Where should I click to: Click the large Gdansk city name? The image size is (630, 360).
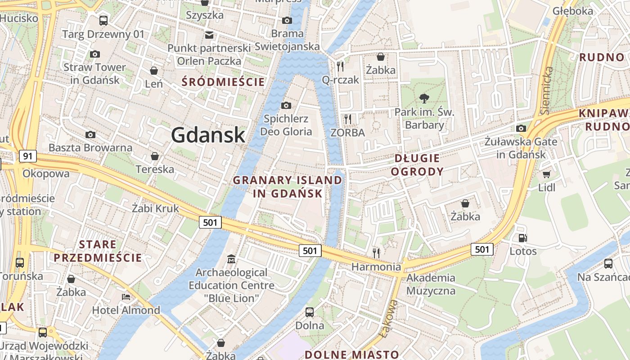pyautogui.click(x=208, y=135)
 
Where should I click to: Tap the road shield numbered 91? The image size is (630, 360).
pyautogui.click(x=28, y=156)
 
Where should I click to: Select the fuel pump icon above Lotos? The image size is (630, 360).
pyautogui.click(x=522, y=238)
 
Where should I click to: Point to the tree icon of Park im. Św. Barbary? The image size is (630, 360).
pyautogui.click(x=424, y=98)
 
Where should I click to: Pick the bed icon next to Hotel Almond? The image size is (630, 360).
pyautogui.click(x=126, y=297)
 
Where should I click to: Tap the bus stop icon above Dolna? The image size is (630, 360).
pyautogui.click(x=310, y=312)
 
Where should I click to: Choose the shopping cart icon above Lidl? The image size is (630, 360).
pyautogui.click(x=547, y=174)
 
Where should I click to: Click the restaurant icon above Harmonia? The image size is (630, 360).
pyautogui.click(x=376, y=253)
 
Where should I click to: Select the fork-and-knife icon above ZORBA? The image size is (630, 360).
pyautogui.click(x=347, y=119)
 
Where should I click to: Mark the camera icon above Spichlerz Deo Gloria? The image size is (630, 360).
pyautogui.click(x=286, y=105)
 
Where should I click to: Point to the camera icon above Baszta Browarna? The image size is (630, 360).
pyautogui.click(x=90, y=135)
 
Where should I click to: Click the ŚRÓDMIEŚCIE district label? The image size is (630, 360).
pyautogui.click(x=223, y=82)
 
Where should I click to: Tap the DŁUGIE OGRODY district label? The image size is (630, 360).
pyautogui.click(x=417, y=165)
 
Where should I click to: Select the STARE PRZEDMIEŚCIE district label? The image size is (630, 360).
pyautogui.click(x=98, y=251)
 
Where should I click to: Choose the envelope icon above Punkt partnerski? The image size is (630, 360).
pyautogui.click(x=209, y=35)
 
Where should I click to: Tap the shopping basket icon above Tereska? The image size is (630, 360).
pyautogui.click(x=155, y=156)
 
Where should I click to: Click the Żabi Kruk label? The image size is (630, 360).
pyautogui.click(x=155, y=208)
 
